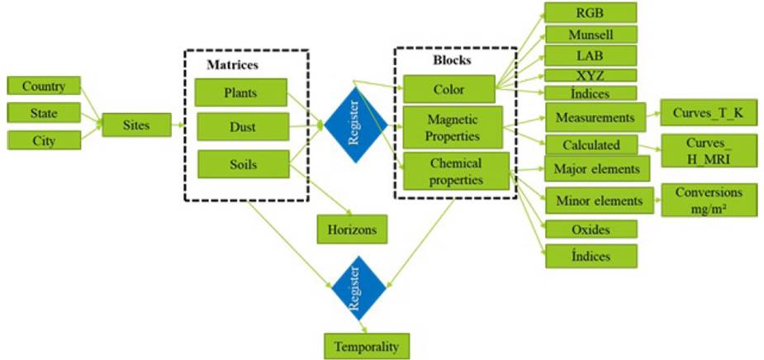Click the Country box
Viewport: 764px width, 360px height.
(x=43, y=86)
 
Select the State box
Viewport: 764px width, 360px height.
(x=43, y=112)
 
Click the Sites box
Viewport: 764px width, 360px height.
(x=137, y=126)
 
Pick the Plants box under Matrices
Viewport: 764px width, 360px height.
(x=241, y=92)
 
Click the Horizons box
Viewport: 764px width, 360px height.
(x=352, y=229)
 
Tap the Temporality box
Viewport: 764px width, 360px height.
(x=366, y=345)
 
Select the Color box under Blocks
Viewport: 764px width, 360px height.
(x=448, y=88)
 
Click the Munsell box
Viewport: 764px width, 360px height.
(x=591, y=35)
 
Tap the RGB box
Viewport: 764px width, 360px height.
(x=591, y=12)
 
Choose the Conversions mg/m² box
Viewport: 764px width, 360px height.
(x=709, y=200)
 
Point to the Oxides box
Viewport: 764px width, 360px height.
(x=591, y=229)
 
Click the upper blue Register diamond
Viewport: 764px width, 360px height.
(x=354, y=124)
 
